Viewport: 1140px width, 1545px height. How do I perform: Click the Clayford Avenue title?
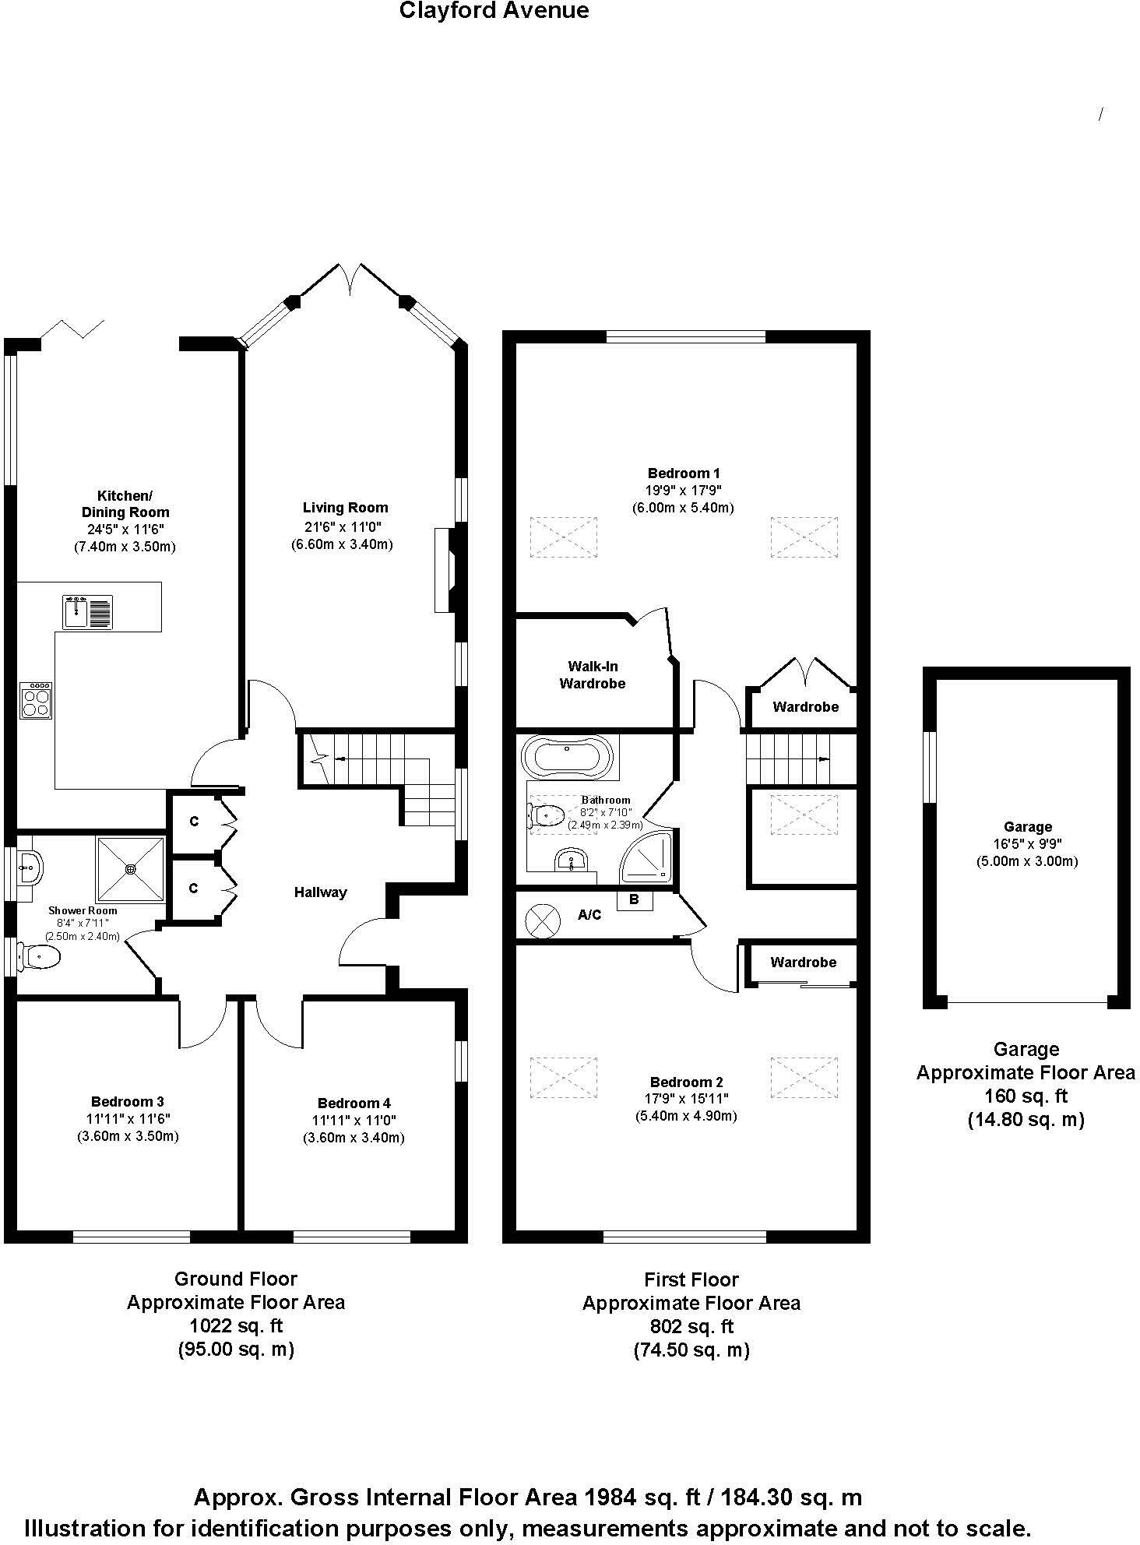[x=494, y=11]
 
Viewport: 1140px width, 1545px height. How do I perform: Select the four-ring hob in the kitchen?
[x=36, y=699]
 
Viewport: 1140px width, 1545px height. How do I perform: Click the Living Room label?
[x=345, y=508]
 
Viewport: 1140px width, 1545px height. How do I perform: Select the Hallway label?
[x=320, y=892]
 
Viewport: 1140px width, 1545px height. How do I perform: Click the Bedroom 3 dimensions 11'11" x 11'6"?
[x=127, y=1118]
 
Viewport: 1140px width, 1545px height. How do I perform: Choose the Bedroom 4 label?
[x=354, y=1103]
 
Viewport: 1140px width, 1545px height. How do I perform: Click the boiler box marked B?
[x=634, y=899]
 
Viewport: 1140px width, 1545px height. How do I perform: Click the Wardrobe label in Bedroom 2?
[x=803, y=963]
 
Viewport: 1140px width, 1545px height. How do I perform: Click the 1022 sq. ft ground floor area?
[x=235, y=1325]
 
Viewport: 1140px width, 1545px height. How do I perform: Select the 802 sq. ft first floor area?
[x=691, y=1326]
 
